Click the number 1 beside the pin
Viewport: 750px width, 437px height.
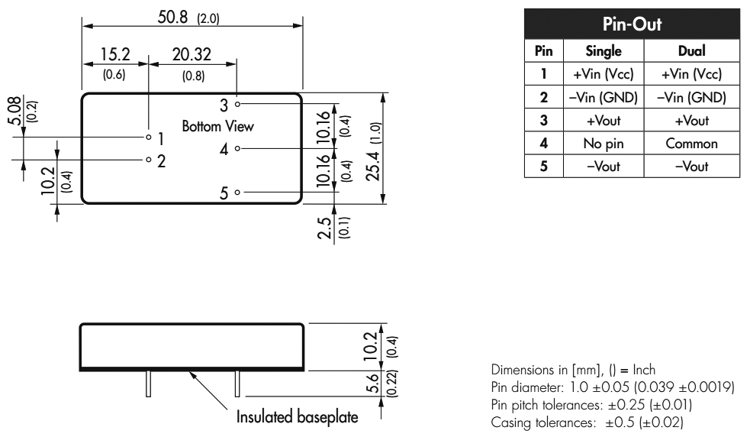click(161, 138)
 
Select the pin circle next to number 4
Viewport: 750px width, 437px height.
click(238, 148)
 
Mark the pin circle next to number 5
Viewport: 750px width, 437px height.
click(238, 193)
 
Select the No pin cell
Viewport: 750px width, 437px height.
click(603, 143)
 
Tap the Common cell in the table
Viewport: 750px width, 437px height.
click(691, 143)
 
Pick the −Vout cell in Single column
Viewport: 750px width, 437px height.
click(603, 166)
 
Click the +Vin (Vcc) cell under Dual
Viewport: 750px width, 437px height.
click(691, 74)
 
